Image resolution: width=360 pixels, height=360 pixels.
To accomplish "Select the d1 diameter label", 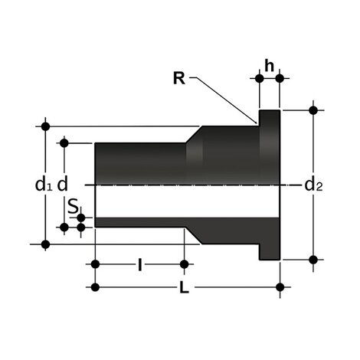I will pyautogui.click(x=44, y=184).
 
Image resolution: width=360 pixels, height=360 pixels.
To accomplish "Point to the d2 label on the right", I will pyautogui.click(x=313, y=184).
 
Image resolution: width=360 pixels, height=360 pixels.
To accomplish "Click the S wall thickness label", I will pyautogui.click(x=70, y=207).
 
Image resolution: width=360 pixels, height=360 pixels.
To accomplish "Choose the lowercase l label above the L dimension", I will pyautogui.click(x=139, y=265).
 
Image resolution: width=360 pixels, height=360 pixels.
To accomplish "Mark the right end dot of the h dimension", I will pyautogui.click(x=280, y=78).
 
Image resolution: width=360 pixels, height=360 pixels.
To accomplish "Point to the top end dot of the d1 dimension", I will pyautogui.click(x=46, y=126).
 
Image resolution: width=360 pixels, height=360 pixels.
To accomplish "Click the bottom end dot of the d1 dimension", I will pyautogui.click(x=46, y=244).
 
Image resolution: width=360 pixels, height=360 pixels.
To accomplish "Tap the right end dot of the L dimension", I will pyautogui.click(x=280, y=287).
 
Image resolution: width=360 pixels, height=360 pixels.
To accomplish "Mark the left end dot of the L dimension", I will pyautogui.click(x=95, y=287).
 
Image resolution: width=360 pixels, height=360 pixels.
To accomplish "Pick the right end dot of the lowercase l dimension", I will pyautogui.click(x=185, y=265).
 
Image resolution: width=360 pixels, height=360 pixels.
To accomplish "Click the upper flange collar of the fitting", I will pyautogui.click(x=270, y=123).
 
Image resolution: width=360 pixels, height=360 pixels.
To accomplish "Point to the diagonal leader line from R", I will pyautogui.click(x=226, y=98).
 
